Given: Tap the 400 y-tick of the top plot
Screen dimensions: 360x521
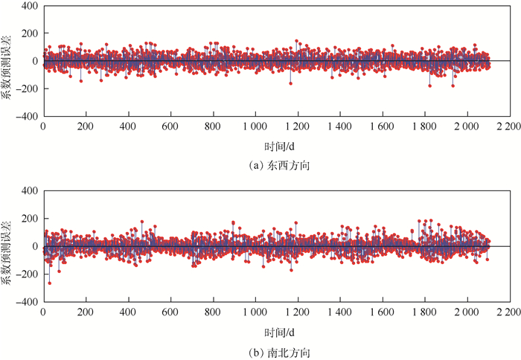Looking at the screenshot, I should (x=29, y=6).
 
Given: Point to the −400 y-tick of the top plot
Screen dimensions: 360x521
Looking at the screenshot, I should (x=26, y=117).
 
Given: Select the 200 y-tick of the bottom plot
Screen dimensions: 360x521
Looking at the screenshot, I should (x=29, y=219).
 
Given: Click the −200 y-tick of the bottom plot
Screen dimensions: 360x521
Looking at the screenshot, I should (x=26, y=274).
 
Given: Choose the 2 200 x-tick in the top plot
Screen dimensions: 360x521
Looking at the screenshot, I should (x=510, y=127).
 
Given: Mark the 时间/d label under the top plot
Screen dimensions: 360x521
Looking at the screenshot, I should (x=278, y=146).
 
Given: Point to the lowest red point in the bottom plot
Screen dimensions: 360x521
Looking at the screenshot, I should (x=50, y=283).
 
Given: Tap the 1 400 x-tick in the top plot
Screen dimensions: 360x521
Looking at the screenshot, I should (x=340, y=127).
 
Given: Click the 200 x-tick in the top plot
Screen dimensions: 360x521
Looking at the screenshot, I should (x=86, y=127).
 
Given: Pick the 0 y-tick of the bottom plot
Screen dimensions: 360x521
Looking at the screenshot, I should (x=34, y=246).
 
